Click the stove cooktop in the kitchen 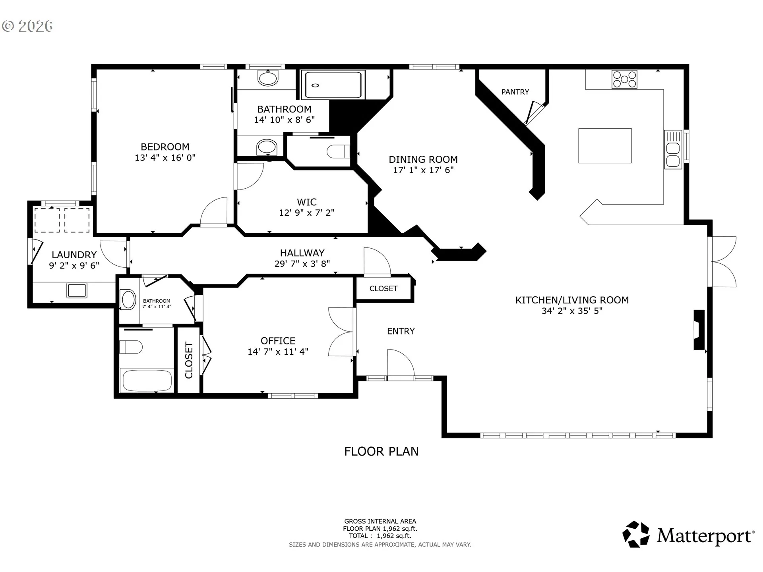(624, 79)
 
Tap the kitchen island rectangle (605, 145)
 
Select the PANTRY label (515, 92)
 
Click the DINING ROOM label (423, 159)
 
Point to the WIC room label (307, 202)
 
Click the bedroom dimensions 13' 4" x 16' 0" (165, 158)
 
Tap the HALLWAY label (302, 253)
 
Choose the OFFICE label (278, 340)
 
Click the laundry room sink (77, 290)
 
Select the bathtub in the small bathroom (147, 381)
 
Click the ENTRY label (401, 331)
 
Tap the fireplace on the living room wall (699, 330)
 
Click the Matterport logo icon (636, 534)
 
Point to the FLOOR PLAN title (381, 451)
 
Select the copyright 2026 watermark (27, 26)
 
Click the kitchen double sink (673, 149)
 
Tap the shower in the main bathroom (333, 85)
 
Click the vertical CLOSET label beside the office (189, 360)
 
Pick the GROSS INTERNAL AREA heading (380, 521)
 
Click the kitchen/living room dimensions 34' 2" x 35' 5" (572, 311)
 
